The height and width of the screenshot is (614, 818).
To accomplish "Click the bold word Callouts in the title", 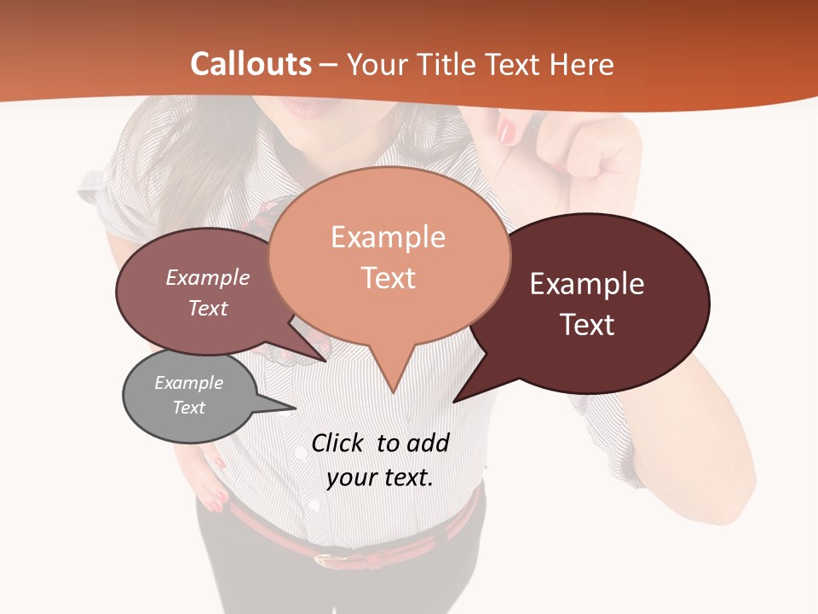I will pyautogui.click(x=251, y=64).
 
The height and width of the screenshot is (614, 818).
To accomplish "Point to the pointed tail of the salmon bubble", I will pyautogui.click(x=393, y=384).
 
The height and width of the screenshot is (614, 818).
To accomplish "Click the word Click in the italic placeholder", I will pyautogui.click(x=338, y=443).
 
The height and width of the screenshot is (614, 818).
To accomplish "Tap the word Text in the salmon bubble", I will pyautogui.click(x=388, y=278).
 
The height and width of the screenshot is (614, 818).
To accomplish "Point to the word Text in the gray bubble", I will pyautogui.click(x=188, y=408).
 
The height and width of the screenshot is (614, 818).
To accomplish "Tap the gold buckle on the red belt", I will pyautogui.click(x=325, y=559).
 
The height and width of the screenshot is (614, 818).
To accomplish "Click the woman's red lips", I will pyautogui.click(x=303, y=109).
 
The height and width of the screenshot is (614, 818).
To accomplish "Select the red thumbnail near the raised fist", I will pyautogui.click(x=508, y=132).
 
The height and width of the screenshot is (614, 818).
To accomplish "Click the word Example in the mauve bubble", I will pyautogui.click(x=207, y=277).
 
